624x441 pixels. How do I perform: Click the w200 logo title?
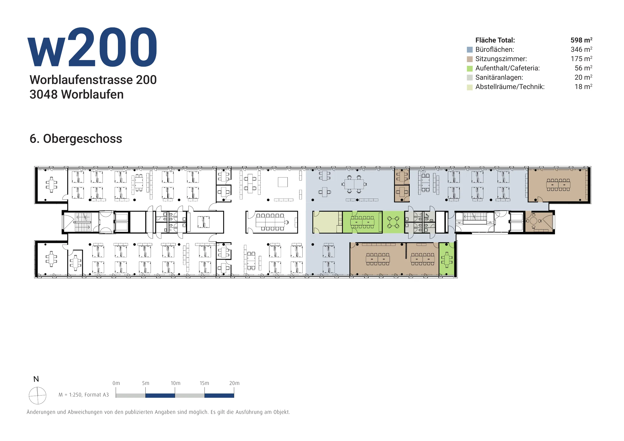92,47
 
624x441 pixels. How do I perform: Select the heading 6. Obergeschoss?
76,139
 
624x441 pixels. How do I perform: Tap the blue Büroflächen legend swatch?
470,50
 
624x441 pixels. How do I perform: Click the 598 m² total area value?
581,40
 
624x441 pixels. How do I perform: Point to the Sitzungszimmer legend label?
501,59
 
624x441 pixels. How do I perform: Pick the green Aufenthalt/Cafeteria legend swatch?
470,68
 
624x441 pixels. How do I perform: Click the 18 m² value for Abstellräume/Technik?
583,87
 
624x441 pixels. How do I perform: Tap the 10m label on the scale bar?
175,383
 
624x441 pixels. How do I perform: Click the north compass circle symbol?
37,396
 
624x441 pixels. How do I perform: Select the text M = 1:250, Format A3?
84,395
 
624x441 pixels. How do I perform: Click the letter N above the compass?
36,379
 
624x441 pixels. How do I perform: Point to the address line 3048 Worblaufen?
76,95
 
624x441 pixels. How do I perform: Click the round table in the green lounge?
393,223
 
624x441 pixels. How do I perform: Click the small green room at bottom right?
446,259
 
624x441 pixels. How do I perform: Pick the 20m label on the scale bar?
234,383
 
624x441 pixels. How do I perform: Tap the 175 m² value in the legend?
581,59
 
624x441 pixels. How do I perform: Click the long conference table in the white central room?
270,222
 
